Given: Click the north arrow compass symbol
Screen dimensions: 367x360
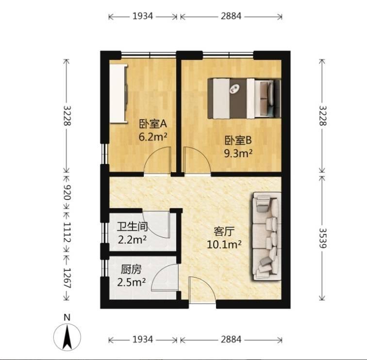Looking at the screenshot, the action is pos(67,337).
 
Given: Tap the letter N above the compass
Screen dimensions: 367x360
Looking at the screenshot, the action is pos(67,317).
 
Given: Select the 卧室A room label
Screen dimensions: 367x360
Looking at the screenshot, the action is pos(153,124).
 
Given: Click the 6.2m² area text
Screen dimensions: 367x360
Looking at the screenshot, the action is pos(153,137).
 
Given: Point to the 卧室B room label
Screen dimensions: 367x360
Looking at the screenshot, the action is pos(238,140).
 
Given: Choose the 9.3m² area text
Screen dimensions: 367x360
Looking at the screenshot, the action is pos(238,153).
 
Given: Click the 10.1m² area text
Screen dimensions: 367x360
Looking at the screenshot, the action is pos(224,245).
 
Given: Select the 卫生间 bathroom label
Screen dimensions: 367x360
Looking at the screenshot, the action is pos(133,227).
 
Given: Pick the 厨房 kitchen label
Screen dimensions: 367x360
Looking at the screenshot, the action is pos(131,270).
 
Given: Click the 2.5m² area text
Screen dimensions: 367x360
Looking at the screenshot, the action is pos(131,282).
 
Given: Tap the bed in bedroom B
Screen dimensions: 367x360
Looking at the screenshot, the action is pos(244,98).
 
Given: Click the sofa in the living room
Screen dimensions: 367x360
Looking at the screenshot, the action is pos(267,236).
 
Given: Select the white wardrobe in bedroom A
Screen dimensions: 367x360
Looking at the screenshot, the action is pos(118,93).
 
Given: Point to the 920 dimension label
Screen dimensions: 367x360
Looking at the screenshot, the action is pos(67,192).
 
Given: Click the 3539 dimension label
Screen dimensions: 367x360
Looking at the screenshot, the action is pos(322,238).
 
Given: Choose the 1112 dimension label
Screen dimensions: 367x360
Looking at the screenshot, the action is pos(67,232).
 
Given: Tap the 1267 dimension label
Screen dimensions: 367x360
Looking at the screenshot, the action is pos(67,278).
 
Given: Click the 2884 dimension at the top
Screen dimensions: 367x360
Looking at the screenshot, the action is pos(231,16).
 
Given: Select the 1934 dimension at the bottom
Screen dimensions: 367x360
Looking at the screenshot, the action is pos(143,340).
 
